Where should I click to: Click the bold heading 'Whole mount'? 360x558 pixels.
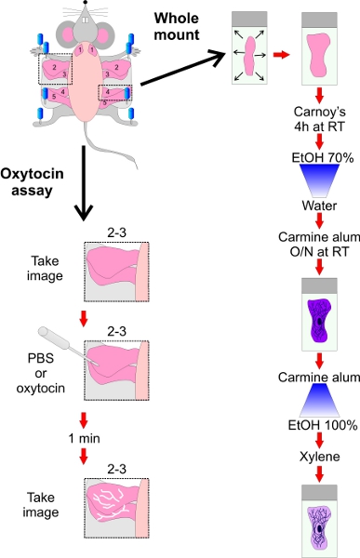coord(177,26)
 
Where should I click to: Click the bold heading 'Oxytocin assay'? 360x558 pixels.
coord(32,181)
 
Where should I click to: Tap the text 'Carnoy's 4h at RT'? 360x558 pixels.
coord(319,119)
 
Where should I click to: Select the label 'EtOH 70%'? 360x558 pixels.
coord(323,157)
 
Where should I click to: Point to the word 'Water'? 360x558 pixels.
coord(319,206)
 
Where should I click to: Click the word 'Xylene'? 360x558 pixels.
coord(319,457)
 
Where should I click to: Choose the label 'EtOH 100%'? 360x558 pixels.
coord(323,425)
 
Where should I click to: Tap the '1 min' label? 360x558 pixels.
coord(84,438)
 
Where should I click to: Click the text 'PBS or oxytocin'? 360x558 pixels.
coord(41,373)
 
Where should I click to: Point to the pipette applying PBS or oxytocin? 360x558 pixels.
coord(68,345)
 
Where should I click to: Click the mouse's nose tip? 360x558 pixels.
coord(85,2)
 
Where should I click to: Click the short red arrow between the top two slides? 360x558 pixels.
coord(281,55)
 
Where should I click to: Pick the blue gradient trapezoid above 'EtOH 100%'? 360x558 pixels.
coord(319,400)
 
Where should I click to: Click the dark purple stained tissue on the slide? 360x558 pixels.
coord(319,321)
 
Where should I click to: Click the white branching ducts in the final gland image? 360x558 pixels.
coord(109,503)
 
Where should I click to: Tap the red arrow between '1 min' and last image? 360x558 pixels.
coord(84,457)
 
